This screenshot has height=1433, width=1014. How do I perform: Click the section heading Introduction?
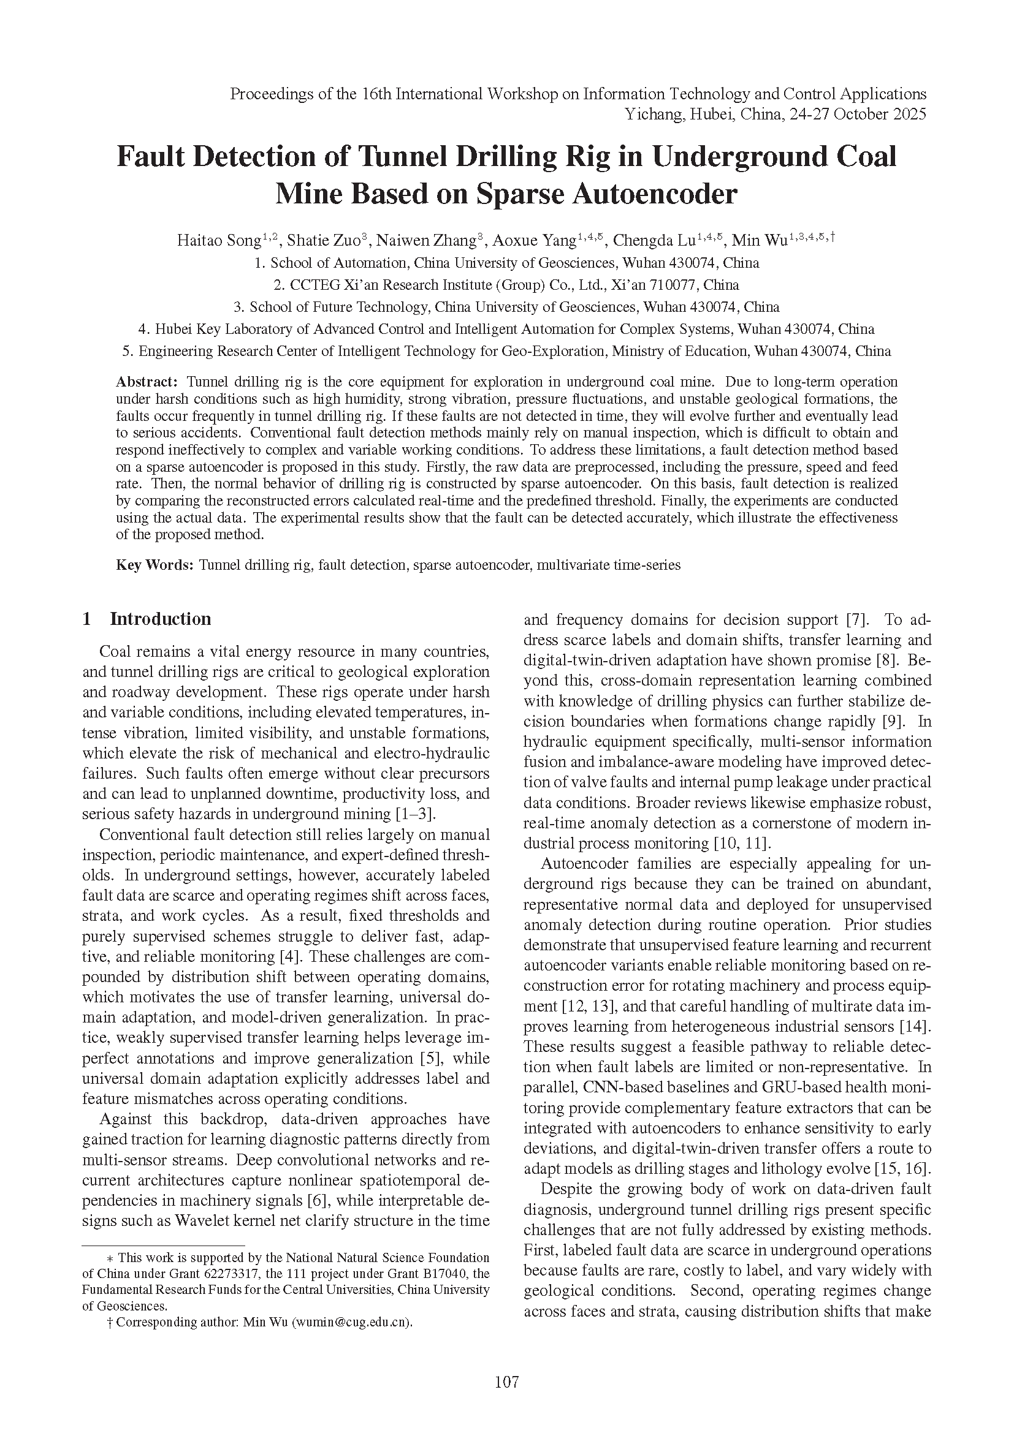pos(161,619)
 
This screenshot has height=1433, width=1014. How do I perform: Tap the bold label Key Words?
pos(156,565)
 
